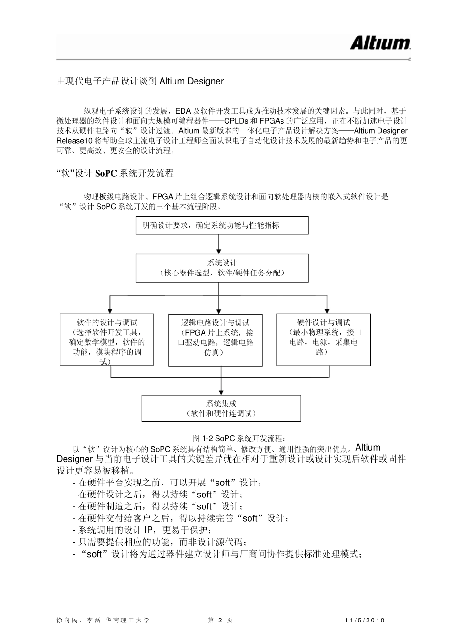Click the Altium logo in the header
coord(380,43)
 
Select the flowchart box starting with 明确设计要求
coord(222,225)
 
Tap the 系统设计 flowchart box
coord(222,268)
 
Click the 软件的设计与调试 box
coord(107,339)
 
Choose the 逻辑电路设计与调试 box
coord(216,340)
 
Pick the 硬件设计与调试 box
coord(324,339)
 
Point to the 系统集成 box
coord(221,409)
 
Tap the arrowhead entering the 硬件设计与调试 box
coord(327,310)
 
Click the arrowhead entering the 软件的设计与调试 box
coord(110,310)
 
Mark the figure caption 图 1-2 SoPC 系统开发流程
coord(239,438)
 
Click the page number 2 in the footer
coord(220,620)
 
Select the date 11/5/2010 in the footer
coord(364,620)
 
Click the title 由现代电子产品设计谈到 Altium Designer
coord(140,81)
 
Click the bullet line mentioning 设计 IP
coord(142,530)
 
